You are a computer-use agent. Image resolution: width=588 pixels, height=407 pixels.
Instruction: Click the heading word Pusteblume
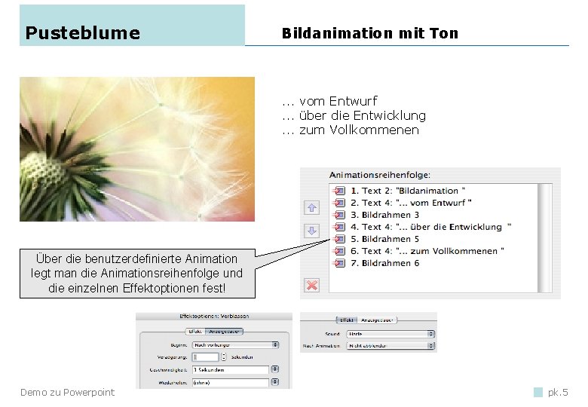point(82,32)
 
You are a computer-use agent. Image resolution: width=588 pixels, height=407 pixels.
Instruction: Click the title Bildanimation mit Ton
point(369,33)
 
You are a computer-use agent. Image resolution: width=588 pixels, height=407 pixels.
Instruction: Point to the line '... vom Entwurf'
point(329,101)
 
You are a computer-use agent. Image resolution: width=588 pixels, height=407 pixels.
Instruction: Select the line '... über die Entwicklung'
point(354,115)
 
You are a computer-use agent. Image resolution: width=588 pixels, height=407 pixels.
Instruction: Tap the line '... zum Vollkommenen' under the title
point(350,130)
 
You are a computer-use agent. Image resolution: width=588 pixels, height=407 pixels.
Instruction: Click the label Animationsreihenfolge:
point(380,175)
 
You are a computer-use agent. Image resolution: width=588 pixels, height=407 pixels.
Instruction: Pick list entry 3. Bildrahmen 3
point(390,215)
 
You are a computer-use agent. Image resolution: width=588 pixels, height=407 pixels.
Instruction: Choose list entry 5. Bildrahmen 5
point(390,239)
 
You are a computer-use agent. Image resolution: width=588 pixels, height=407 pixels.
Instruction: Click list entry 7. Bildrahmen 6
point(390,263)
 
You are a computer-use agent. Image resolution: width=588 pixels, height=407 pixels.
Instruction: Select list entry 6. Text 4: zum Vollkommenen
point(433,251)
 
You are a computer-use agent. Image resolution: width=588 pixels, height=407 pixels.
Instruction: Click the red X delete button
point(312,285)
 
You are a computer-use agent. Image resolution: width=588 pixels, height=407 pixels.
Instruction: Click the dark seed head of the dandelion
point(45,170)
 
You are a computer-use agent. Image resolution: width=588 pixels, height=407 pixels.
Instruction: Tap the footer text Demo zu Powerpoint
point(67,392)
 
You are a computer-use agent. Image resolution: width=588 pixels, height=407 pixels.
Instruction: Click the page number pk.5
point(558,392)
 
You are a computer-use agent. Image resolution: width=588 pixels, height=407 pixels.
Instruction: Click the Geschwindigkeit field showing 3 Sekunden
point(231,370)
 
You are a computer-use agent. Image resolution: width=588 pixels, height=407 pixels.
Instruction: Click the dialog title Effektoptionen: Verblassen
point(214,317)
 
